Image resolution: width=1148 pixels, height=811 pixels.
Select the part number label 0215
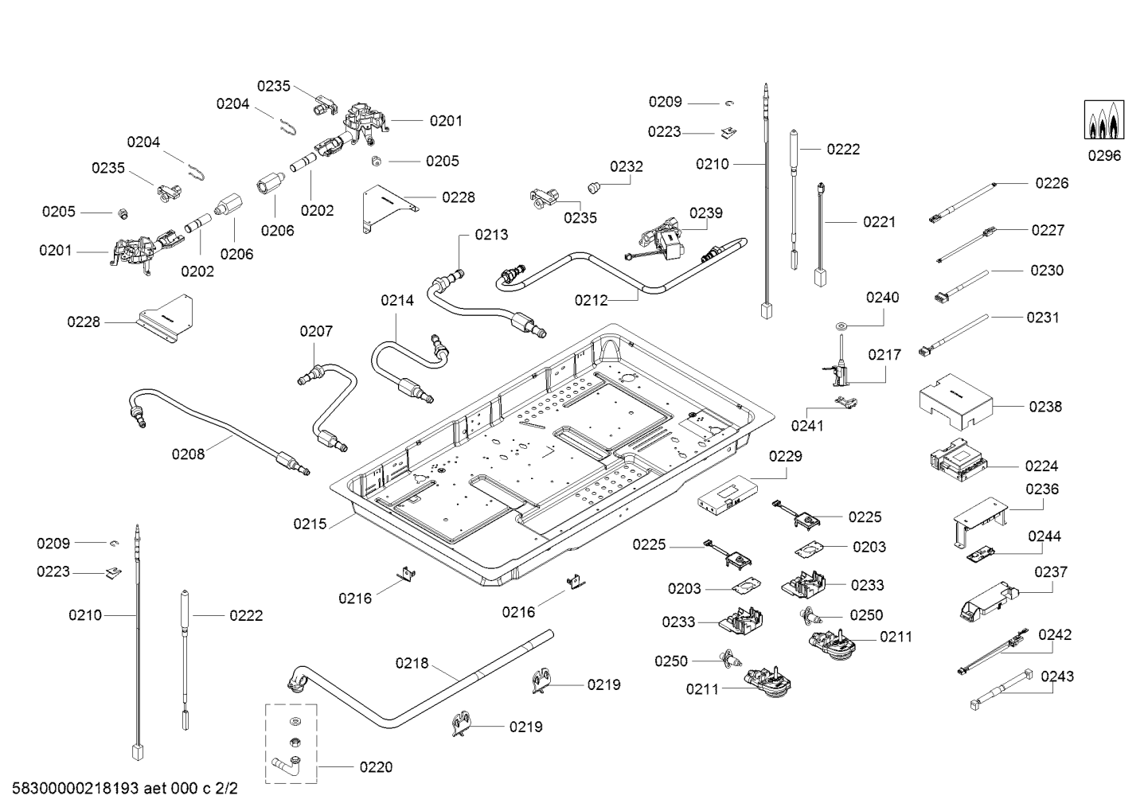coord(310,524)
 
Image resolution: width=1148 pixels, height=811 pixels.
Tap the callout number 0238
coord(1045,407)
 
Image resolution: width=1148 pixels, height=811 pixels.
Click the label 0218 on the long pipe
coord(412,663)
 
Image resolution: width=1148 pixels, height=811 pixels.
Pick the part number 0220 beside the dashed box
coord(376,767)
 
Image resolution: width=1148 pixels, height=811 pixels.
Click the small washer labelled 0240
coord(841,326)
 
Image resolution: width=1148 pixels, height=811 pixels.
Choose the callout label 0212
coord(591,300)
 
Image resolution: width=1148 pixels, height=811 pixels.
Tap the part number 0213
coord(491,235)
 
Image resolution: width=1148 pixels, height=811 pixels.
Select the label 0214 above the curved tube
coord(397,300)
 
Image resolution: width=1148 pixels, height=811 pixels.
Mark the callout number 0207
coord(316,331)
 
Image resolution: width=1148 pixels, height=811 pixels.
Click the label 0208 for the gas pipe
coord(188,454)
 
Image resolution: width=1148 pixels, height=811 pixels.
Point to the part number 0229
coord(785,457)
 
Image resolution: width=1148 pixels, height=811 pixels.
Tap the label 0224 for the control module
coord(1041,466)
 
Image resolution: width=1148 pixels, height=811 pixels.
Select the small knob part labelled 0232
coord(592,188)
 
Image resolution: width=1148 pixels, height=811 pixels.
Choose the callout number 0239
coord(706,212)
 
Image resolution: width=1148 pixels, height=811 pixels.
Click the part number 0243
coord(1057,676)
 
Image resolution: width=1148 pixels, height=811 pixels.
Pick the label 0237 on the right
coord(1051,572)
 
